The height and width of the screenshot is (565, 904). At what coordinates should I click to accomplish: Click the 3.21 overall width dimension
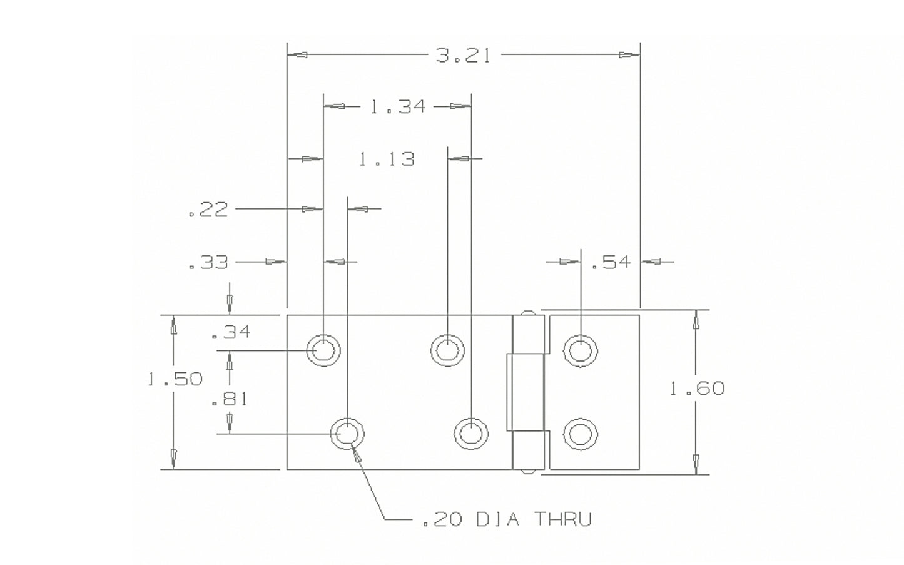click(463, 56)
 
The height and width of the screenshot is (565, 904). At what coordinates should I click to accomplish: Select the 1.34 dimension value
click(397, 107)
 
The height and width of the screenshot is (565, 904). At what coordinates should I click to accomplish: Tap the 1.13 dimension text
click(387, 159)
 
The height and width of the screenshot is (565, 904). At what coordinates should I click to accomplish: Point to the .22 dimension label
click(208, 210)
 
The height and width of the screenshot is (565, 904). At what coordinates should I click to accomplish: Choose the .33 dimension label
click(208, 262)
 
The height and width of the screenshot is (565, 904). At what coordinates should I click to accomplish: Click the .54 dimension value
click(611, 262)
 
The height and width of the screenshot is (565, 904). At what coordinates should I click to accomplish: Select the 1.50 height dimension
click(175, 379)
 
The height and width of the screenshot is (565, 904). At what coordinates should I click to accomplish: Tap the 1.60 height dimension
click(697, 389)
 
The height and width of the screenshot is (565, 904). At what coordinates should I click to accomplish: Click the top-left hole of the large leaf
click(323, 350)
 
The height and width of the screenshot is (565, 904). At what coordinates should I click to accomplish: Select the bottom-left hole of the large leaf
click(347, 433)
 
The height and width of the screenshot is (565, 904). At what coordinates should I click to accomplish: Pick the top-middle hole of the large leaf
click(447, 349)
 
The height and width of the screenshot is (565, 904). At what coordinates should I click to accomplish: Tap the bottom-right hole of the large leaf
click(471, 433)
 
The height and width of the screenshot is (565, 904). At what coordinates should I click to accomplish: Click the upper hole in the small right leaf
click(580, 349)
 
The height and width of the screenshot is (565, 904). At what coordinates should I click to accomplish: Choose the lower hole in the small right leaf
click(580, 434)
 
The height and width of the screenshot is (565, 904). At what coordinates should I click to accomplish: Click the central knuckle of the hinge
click(526, 392)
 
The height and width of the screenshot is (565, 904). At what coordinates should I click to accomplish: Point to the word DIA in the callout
click(497, 519)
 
